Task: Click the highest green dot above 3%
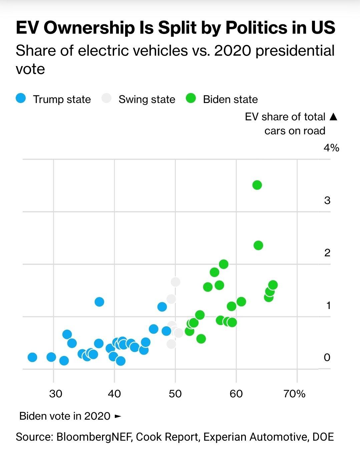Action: [x=257, y=185]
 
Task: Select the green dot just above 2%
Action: [x=258, y=245]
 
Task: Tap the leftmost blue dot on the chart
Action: [x=32, y=357]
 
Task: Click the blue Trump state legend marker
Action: [x=21, y=99]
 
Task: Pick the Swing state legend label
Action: [x=147, y=99]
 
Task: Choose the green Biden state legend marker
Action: [x=191, y=99]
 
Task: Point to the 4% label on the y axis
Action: [x=331, y=148]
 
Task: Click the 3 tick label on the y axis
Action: [x=327, y=200]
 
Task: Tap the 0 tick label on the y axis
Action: [x=327, y=357]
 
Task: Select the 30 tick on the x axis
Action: [x=55, y=394]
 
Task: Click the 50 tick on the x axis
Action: [x=175, y=394]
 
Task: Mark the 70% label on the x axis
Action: [x=294, y=394]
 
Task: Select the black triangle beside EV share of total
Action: [x=333, y=117]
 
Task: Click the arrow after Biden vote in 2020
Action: [x=117, y=416]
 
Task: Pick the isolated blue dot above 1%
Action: [x=99, y=302]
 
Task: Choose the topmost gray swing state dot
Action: [x=175, y=282]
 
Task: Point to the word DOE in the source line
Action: [x=323, y=437]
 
